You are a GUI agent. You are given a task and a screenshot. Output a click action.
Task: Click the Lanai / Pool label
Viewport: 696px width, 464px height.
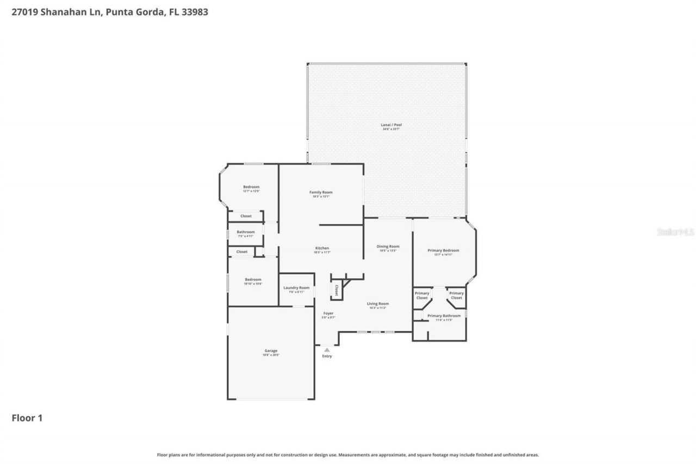(391, 125)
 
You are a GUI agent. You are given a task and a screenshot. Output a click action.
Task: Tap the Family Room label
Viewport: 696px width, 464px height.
(321, 192)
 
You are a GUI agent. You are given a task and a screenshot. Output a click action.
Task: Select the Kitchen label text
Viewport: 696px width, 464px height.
(321, 248)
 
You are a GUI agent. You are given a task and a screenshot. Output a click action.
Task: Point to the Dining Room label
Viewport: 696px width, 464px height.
(388, 246)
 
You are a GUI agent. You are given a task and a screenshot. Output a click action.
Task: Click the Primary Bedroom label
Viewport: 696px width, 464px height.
(443, 250)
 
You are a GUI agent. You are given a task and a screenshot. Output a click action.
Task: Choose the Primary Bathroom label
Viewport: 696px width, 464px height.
(444, 315)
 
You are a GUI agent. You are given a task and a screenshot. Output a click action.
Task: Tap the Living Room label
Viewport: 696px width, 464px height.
(377, 304)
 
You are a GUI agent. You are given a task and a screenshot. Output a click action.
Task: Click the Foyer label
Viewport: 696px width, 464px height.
(328, 313)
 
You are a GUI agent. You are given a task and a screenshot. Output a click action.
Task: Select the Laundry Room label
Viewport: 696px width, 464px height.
(296, 288)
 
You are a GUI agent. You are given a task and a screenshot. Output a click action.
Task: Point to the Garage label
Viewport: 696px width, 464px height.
(271, 351)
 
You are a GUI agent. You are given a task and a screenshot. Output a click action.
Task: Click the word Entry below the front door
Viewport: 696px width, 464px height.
(327, 356)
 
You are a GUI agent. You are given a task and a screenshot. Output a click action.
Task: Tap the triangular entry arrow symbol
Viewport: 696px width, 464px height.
(327, 350)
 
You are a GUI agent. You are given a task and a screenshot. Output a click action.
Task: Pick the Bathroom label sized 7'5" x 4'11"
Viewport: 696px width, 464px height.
(246, 232)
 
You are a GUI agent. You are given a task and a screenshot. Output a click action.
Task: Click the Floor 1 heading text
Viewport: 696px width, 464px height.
(27, 418)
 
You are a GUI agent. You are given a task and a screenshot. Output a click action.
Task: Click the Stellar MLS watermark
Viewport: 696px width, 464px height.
(675, 232)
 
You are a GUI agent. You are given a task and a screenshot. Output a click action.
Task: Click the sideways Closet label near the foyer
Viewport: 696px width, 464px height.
(337, 290)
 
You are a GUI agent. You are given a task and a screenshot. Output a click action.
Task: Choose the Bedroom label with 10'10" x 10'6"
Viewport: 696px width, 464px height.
(253, 280)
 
